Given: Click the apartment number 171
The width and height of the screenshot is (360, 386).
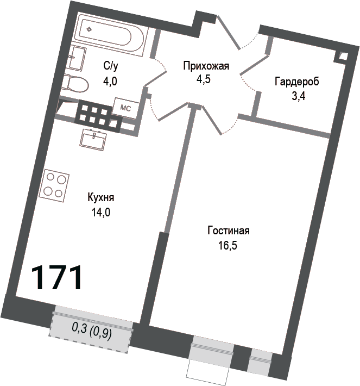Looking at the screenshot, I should pos(56,277).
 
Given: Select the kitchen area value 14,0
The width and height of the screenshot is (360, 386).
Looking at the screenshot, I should pos(100,213).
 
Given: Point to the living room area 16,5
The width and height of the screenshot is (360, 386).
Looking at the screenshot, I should pos(228,245).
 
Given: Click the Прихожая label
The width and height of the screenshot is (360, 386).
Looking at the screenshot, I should pos(206,66).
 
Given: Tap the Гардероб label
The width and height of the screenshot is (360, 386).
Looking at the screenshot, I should pos(296,83).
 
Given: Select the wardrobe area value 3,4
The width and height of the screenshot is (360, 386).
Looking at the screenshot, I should pos(296,97).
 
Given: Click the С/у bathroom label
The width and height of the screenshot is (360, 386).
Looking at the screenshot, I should pos(111,66).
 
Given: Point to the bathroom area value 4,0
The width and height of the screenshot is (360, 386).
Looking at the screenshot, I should pos(110,81).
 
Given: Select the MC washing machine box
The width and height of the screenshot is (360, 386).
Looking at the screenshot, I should pos(125,108).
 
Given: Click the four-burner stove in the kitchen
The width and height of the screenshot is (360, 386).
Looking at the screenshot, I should pos(56,184).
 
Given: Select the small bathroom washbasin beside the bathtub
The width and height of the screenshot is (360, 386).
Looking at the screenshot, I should pos(77,58).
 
